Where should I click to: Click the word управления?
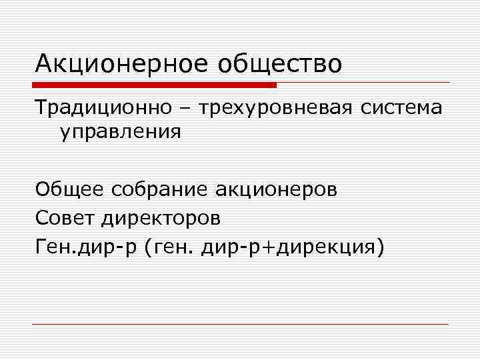(121, 131)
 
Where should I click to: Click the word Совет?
(67, 218)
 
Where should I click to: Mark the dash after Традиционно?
(185, 108)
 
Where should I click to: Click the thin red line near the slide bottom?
(240, 324)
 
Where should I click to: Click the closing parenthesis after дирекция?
(381, 248)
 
